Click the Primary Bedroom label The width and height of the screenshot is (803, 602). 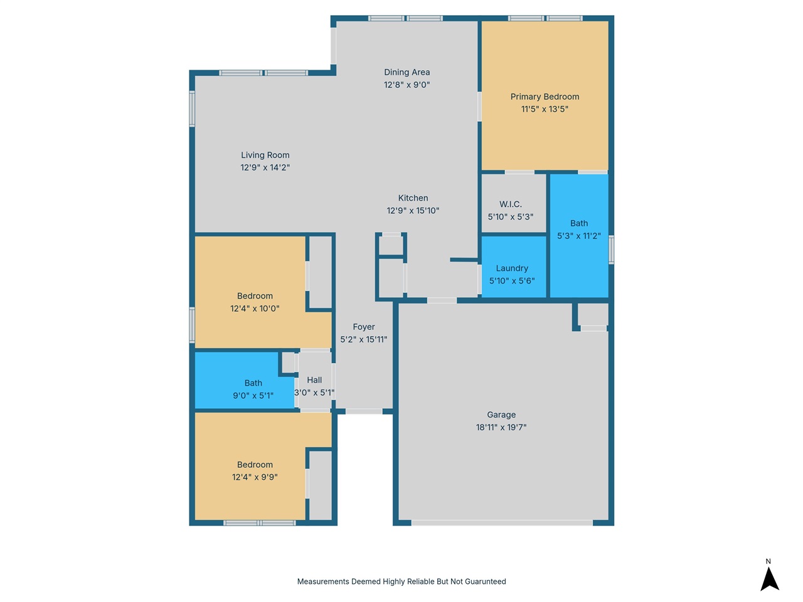545,97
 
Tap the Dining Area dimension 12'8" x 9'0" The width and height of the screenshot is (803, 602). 407,85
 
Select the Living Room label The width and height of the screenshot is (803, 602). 265,155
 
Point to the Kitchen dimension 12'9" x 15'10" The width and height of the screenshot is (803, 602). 413,211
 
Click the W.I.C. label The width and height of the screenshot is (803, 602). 510,204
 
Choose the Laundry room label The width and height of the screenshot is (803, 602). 512,268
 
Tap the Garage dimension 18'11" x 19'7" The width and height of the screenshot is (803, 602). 501,427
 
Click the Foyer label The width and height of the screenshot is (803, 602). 364,327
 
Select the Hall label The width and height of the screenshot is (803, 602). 314,380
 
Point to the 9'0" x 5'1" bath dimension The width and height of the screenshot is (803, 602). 253,396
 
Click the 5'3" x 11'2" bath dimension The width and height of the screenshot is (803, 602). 579,236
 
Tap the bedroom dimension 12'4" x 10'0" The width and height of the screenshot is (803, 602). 255,309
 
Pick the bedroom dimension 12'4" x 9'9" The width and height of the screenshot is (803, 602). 255,477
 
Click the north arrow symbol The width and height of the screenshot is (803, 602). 769,579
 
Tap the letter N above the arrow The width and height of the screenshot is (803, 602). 768,561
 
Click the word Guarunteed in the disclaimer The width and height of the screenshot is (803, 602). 485,581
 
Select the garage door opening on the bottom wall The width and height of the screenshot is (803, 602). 501,523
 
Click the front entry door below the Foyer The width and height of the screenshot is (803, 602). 364,411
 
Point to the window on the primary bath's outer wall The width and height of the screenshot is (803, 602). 611,250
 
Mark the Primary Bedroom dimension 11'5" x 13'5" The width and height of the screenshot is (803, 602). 545,109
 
